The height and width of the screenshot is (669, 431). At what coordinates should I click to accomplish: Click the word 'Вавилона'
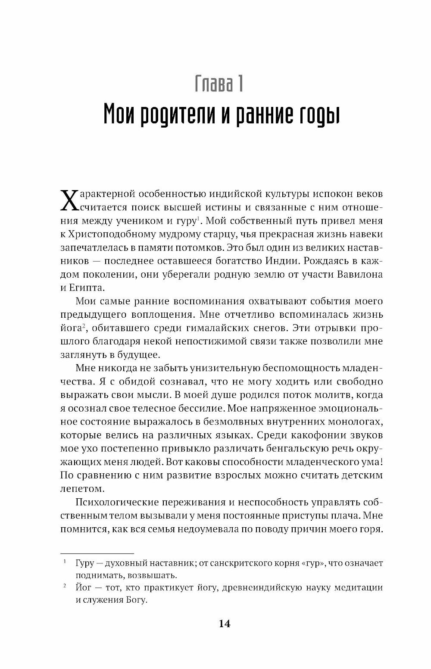[359, 275]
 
